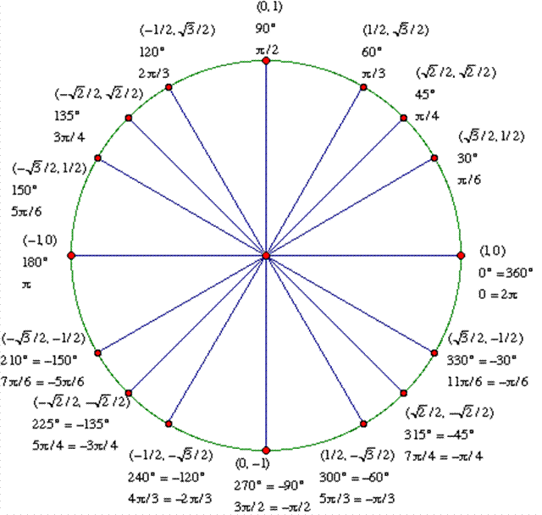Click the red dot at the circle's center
pos(266,256)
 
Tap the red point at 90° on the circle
pos(266,61)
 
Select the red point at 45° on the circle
pos(403,119)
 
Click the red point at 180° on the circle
pos(71,256)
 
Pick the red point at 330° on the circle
pos(434,353)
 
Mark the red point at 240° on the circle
pos(169,424)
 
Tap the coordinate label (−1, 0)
pos(40,241)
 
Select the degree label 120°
pos(152,53)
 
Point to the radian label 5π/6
pos(26,212)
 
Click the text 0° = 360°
pos(506,273)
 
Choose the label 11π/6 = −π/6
pos(488,381)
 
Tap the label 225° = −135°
pos(71,424)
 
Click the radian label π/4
pos(427,116)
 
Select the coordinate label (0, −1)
pos(252,463)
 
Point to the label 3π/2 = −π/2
pos(273,507)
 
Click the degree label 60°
pos(372,53)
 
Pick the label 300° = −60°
pos(354,478)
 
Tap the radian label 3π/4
pos(69,137)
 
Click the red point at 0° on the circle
pos(461,256)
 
